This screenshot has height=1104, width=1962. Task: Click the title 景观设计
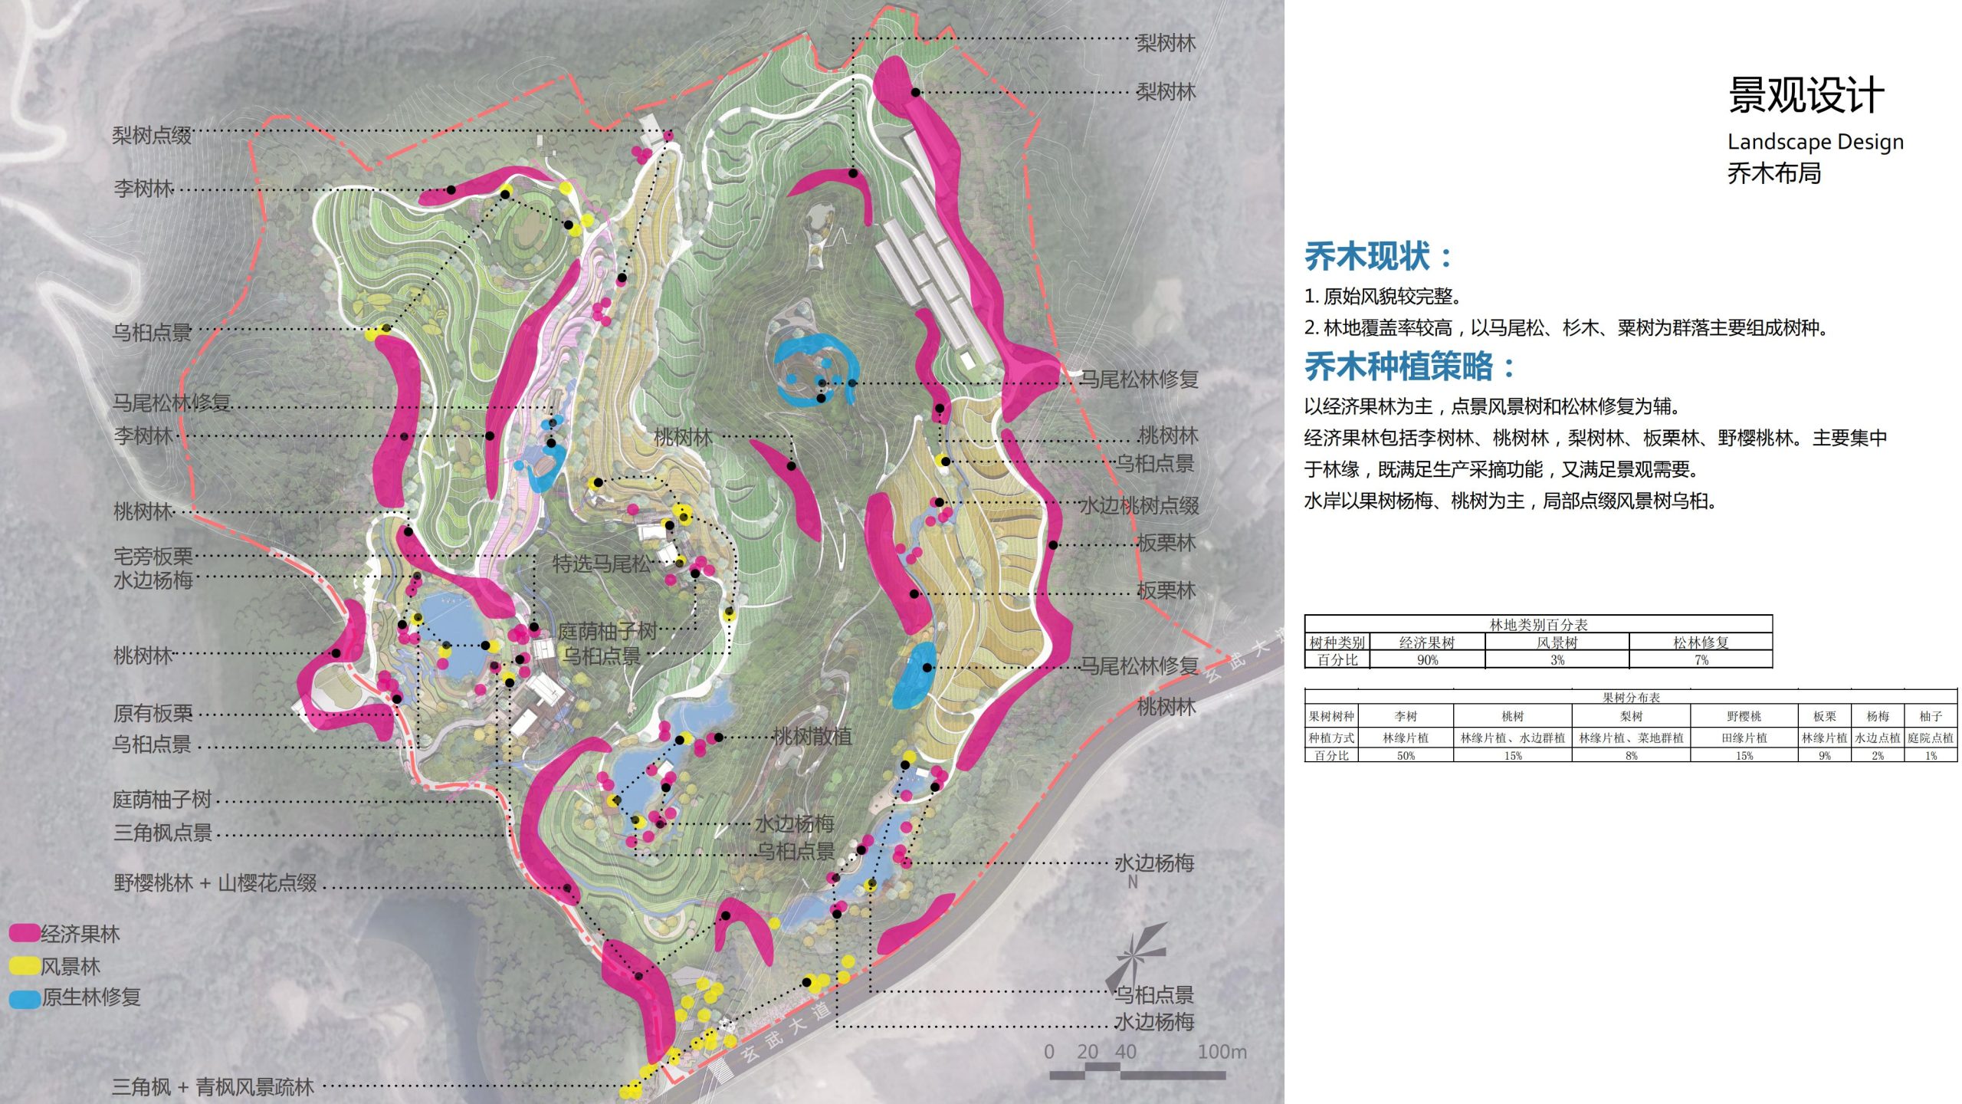click(1806, 97)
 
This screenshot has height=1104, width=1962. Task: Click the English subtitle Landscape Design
click(1815, 142)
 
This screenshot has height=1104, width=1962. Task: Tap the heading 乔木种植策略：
click(1409, 366)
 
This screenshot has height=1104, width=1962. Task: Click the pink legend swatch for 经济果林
click(24, 933)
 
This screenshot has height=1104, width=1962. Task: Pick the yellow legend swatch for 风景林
click(24, 966)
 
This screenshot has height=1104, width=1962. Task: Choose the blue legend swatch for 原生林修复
click(24, 998)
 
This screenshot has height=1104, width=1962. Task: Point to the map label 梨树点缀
click(152, 136)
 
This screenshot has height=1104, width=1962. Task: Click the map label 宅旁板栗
click(153, 556)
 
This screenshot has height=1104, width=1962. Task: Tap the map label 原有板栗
click(153, 714)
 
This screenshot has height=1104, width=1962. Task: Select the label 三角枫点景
click(162, 833)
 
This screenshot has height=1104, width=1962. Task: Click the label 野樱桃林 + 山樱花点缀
click(215, 883)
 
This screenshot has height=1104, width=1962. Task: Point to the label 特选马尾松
click(602, 564)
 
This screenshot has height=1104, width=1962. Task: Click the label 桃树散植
click(812, 737)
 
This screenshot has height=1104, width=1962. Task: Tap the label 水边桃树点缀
click(1139, 506)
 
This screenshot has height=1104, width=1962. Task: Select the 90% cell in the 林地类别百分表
click(1427, 660)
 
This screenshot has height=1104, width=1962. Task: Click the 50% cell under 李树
click(1406, 756)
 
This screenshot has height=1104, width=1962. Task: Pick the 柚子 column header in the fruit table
click(1931, 716)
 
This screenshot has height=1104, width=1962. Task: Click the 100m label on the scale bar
click(1222, 1052)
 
